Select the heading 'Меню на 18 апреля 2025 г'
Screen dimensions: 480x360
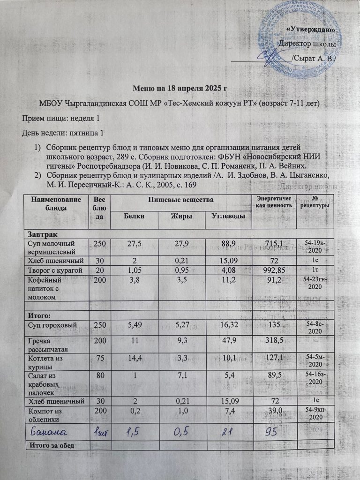coord(180,88)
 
